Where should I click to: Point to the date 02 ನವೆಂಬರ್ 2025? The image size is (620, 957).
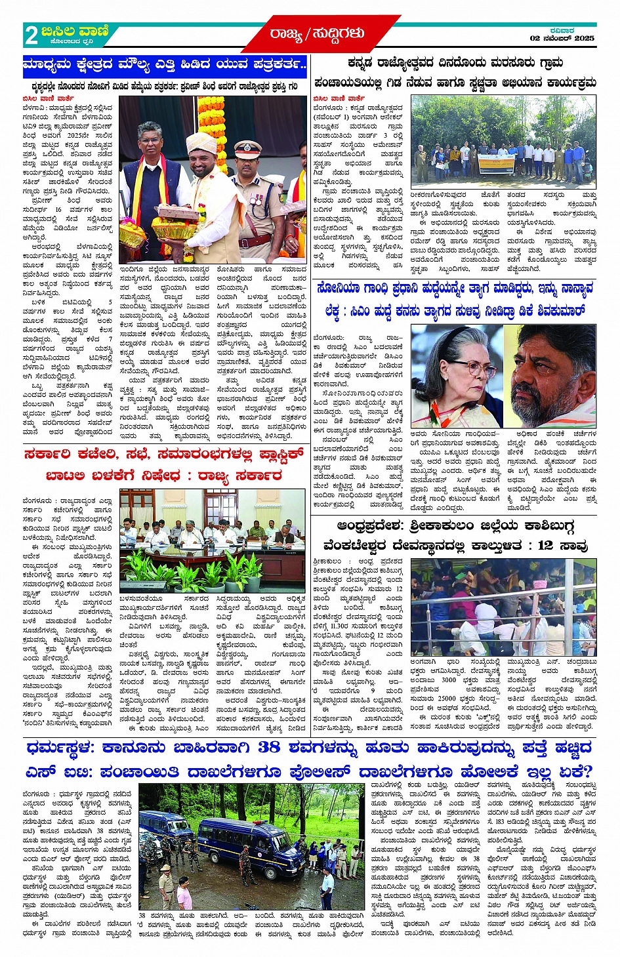pos(562,39)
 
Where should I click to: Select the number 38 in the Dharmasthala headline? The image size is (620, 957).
pos(268,747)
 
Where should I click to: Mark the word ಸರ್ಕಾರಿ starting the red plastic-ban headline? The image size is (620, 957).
pos(51,454)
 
